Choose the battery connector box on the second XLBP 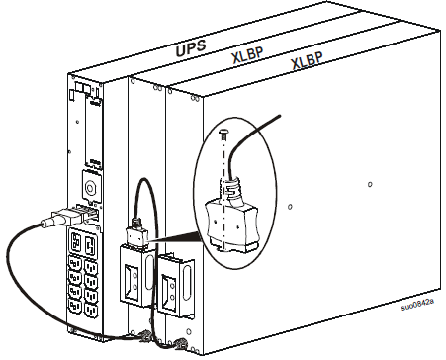pos(175,283)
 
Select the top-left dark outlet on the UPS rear pos(75,241)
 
